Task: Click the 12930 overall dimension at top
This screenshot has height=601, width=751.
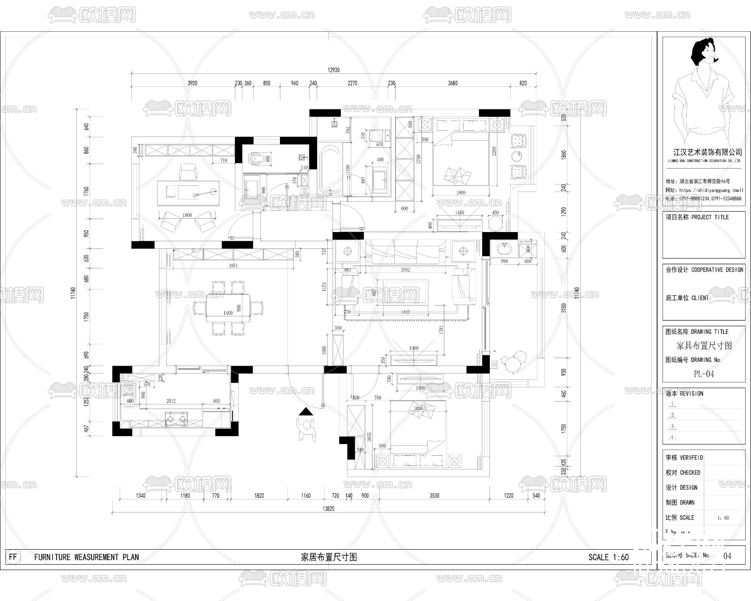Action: click(x=333, y=70)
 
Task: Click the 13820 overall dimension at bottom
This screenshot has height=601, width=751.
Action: click(x=328, y=509)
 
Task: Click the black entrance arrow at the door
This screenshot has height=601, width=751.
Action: click(x=306, y=412)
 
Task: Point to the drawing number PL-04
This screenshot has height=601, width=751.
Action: click(x=703, y=374)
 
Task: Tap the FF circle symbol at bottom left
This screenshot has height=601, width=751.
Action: click(x=13, y=557)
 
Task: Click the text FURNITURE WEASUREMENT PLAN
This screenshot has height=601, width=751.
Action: click(x=86, y=557)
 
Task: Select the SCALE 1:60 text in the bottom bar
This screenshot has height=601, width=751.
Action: click(x=608, y=557)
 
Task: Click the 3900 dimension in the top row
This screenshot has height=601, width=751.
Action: click(x=192, y=83)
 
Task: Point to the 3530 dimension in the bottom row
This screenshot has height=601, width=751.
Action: click(x=434, y=495)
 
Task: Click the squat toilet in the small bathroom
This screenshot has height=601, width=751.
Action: click(x=255, y=159)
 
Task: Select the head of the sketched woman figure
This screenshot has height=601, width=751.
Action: click(x=703, y=52)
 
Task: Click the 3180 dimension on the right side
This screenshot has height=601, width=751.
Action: click(x=564, y=308)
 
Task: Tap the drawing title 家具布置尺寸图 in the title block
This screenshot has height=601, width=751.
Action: click(x=704, y=346)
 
